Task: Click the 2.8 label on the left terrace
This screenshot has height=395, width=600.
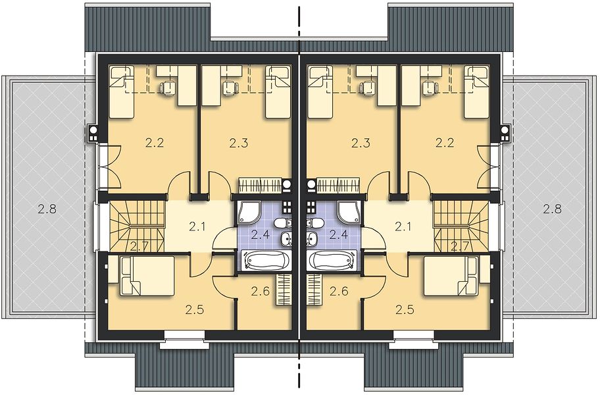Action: (x=47, y=209)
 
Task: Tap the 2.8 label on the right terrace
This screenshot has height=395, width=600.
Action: (x=552, y=209)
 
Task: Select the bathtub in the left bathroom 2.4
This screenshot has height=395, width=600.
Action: (x=264, y=261)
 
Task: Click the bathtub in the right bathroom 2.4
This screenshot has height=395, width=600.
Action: (x=334, y=261)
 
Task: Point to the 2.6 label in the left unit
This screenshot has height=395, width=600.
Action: (x=261, y=291)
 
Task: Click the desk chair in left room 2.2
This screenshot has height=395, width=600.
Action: (x=168, y=88)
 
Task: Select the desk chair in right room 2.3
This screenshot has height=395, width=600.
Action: (x=367, y=88)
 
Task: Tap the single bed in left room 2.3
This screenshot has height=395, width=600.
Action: (x=278, y=92)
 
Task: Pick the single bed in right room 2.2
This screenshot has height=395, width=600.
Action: (x=477, y=92)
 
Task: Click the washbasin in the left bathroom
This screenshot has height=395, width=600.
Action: (x=286, y=238)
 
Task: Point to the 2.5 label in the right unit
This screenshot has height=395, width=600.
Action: (x=405, y=309)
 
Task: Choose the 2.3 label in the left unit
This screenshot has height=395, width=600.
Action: (x=239, y=143)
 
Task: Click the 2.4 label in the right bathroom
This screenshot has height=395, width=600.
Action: (x=339, y=234)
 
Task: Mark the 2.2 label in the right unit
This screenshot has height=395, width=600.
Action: (x=445, y=143)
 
